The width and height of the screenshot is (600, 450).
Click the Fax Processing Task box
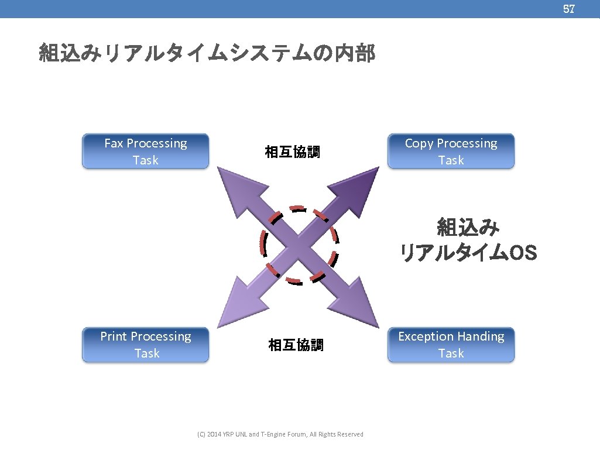tap(145, 152)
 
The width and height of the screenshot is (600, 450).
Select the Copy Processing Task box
tap(451, 152)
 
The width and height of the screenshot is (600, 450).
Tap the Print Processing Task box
tap(145, 345)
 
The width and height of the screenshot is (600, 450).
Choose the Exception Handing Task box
tap(451, 345)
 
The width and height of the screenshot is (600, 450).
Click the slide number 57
tap(568, 9)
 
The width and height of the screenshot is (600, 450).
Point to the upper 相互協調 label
tap(292, 153)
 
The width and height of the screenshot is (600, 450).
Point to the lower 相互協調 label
tap(296, 345)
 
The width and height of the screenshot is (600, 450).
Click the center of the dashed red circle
tap(299, 245)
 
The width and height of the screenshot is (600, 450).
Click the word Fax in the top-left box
tap(114, 143)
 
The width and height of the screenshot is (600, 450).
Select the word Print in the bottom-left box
tap(114, 336)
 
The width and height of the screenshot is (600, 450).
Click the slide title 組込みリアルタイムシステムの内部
tap(207, 53)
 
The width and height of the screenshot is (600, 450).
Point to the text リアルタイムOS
tap(468, 253)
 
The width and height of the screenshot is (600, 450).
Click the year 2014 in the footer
tap(215, 434)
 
